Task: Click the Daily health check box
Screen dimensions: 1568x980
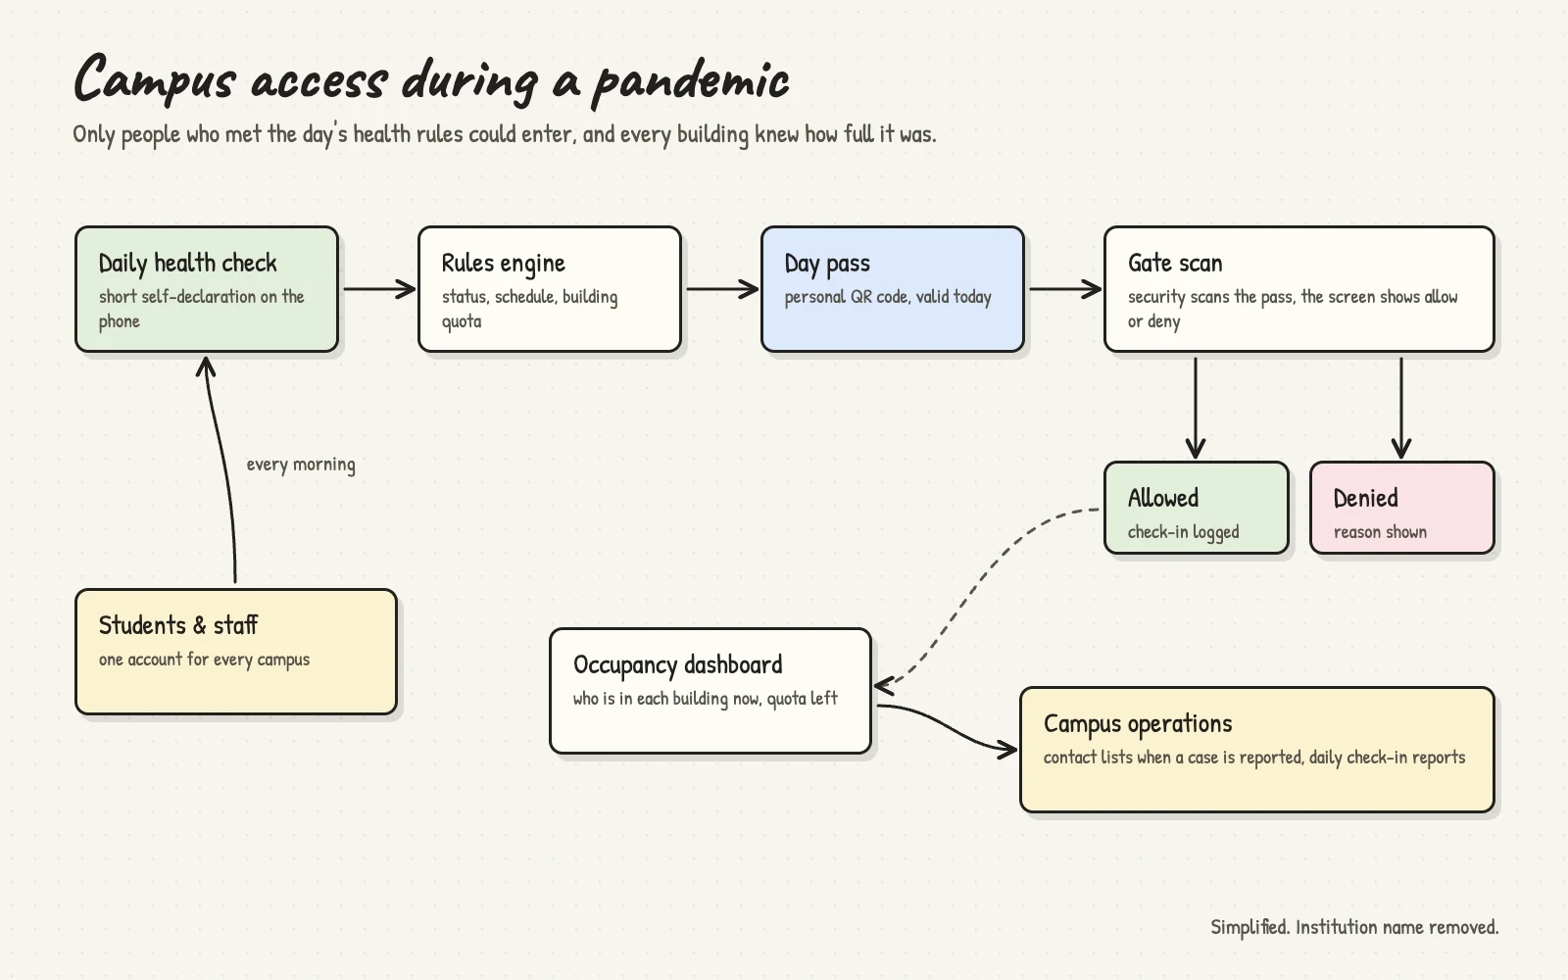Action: coord(207,289)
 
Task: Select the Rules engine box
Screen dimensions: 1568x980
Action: coord(550,289)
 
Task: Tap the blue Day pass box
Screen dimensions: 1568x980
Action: coord(893,289)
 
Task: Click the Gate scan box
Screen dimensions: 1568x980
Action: coord(1299,289)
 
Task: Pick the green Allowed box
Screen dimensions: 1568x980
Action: coord(1197,508)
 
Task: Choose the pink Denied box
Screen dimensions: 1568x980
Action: coord(1402,508)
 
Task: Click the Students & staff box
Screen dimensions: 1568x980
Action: coord(236,652)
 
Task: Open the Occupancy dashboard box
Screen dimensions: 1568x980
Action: coord(710,691)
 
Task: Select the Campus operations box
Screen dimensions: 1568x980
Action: coord(1257,750)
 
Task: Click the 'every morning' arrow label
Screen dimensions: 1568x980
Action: coord(301,465)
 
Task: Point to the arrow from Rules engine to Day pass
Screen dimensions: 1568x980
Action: coord(721,289)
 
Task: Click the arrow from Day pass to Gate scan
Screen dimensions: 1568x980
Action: coord(1064,289)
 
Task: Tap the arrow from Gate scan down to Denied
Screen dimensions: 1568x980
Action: coord(1401,408)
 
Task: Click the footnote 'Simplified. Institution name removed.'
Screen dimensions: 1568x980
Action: coord(1354,927)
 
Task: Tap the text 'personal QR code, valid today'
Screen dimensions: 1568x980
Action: coord(888,297)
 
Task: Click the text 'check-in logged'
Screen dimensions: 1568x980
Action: coord(1183,532)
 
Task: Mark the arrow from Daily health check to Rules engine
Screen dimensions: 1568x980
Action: coord(378,289)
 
